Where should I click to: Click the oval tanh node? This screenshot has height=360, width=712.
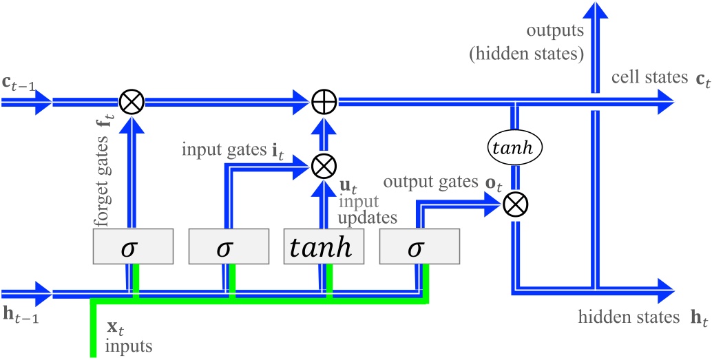click(x=516, y=147)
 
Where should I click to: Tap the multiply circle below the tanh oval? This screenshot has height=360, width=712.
click(x=515, y=203)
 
